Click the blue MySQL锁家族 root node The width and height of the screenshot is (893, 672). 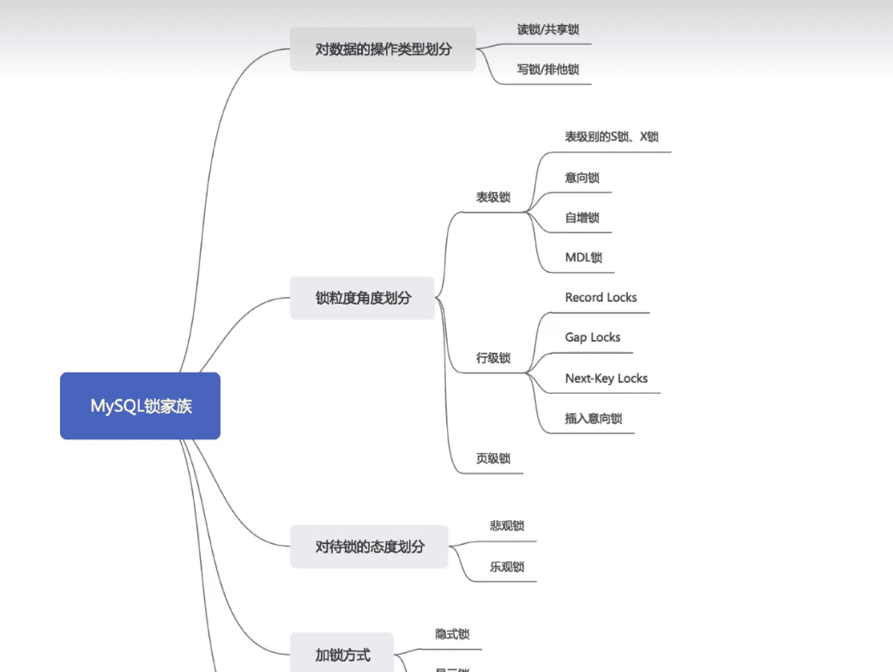pos(140,406)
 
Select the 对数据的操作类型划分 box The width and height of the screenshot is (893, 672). pos(383,49)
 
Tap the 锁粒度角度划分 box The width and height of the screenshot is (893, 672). pos(362,298)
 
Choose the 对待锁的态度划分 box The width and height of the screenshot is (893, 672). pos(369,546)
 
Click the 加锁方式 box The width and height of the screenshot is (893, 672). pos(341,654)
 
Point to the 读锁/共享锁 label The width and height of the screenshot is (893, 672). pos(547,29)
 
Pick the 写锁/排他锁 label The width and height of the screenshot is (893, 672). pos(547,70)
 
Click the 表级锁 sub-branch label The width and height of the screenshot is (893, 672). pos(493,197)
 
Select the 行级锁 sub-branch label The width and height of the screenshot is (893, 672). pos(493,358)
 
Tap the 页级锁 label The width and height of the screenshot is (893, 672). pos(493,458)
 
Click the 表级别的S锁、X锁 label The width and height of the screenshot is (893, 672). pos(612,136)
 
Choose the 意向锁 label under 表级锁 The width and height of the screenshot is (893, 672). pos(582,178)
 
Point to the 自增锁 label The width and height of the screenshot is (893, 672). pos(582,218)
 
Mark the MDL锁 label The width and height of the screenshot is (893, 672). pos(583,257)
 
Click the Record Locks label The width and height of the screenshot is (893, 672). pos(600,298)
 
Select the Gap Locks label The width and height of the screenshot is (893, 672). pos(592,337)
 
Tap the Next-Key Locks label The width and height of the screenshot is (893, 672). pos(606,378)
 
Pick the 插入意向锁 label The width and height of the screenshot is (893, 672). pos(593,419)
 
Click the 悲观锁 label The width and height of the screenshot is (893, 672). pos(506,526)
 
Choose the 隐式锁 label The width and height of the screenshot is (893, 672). pos(452,634)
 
